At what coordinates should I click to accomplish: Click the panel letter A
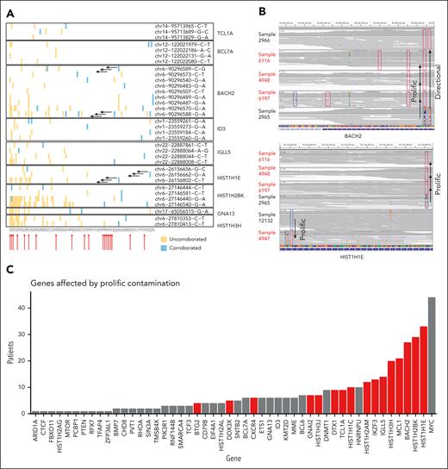click(8, 8)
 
